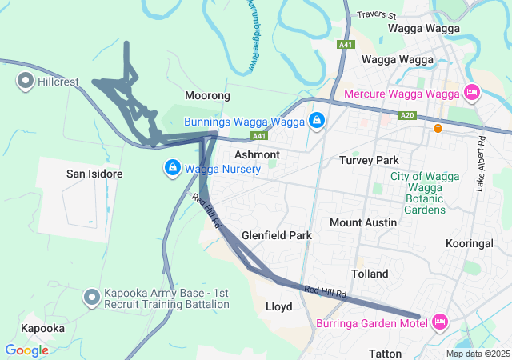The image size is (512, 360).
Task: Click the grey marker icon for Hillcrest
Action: [x=25, y=81]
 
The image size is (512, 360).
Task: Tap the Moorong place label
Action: [x=207, y=95]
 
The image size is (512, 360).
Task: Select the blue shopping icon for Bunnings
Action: [x=317, y=121]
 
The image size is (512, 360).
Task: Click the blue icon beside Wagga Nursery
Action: [x=172, y=168]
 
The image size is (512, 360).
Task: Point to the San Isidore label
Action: [x=94, y=174]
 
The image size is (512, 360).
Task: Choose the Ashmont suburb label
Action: [x=257, y=154]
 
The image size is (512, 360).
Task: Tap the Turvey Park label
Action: [x=369, y=160]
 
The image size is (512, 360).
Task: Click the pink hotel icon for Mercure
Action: [x=472, y=93]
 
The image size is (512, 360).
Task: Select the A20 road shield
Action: [x=408, y=115]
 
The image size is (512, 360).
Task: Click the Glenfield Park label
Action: [x=277, y=236]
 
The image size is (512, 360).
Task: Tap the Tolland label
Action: [x=370, y=274]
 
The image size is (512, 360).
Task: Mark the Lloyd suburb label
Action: [x=278, y=306]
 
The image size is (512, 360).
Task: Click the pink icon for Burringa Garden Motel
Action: [x=438, y=322]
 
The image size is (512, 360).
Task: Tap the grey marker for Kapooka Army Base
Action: [x=92, y=298]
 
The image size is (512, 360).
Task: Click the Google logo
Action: [x=26, y=350]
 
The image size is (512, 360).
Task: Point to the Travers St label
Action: [x=377, y=14]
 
